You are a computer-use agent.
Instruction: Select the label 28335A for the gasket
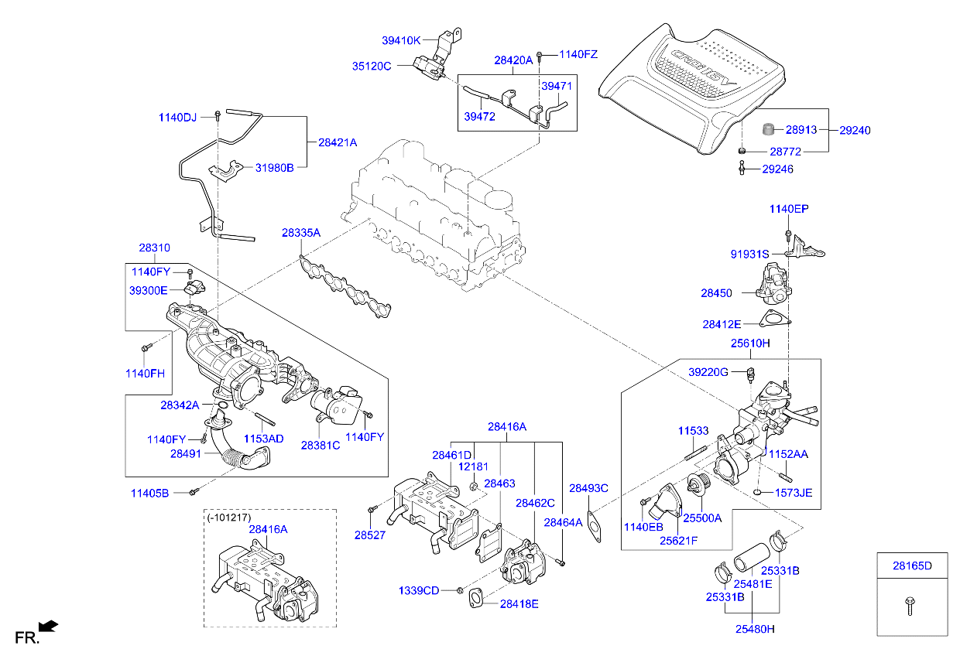300,232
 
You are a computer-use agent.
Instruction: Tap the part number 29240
855,131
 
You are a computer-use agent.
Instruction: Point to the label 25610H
750,343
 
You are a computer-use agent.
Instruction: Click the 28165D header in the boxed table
912,565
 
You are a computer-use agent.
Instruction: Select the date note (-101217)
229,517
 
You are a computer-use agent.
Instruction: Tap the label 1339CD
419,590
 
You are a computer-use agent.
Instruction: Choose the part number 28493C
588,488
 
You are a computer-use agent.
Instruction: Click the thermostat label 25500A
701,518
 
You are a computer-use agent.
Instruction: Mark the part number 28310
154,248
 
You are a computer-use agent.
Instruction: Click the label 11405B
149,492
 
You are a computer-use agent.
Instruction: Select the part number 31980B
275,168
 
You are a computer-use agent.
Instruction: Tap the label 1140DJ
178,117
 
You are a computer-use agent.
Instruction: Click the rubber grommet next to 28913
769,128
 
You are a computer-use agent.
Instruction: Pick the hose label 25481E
753,584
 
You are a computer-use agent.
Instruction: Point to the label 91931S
749,254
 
